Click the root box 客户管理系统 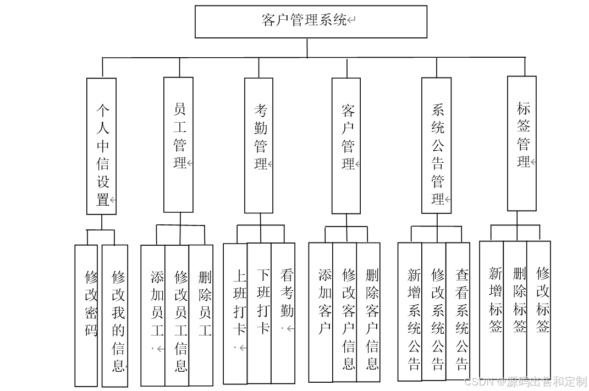pyautogui.click(x=311, y=21)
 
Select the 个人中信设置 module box pyautogui.click(x=102, y=146)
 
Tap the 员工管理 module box pyautogui.click(x=179, y=145)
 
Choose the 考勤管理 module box pyautogui.click(x=259, y=145)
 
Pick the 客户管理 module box pyautogui.click(x=346, y=146)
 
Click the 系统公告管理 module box pyautogui.click(x=437, y=146)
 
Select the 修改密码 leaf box pyautogui.click(x=86, y=315)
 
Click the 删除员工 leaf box pyautogui.click(x=201, y=315)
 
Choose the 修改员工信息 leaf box pyautogui.click(x=177, y=315)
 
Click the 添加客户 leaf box pyautogui.click(x=321, y=312)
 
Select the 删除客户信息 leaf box pyautogui.click(x=368, y=312)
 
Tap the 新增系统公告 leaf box pyautogui.click(x=410, y=312)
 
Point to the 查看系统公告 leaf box pyautogui.click(x=458, y=312)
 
